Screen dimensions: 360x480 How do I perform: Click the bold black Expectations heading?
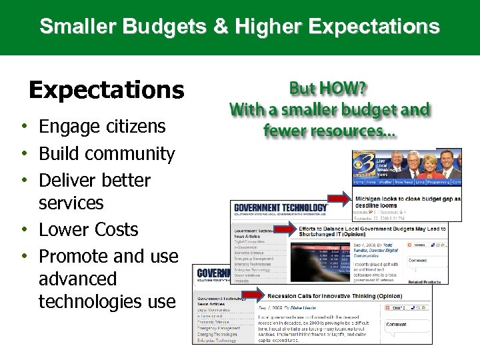pos(107,89)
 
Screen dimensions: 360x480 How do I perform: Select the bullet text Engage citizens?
pos(102,127)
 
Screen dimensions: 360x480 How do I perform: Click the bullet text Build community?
pos(107,154)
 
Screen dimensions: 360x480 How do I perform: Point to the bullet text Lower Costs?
pos(88,229)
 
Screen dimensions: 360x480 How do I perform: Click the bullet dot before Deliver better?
pos(23,181)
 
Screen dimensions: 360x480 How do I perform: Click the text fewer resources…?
pos(329,131)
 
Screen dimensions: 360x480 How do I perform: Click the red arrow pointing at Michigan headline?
pos(341,198)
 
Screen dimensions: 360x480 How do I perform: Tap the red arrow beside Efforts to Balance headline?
pos(285,229)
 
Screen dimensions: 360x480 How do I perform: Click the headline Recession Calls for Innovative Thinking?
pos(334,295)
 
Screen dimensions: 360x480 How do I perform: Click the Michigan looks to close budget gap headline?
pos(407,202)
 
